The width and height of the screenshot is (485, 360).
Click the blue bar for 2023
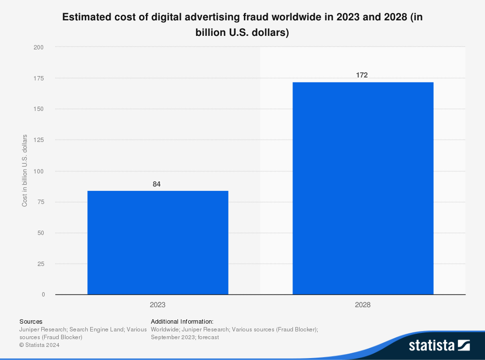[x=158, y=242]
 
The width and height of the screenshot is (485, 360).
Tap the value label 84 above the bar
[x=157, y=184]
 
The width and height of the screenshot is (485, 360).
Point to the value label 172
[x=362, y=75]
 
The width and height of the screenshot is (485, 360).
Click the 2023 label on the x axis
[x=157, y=305]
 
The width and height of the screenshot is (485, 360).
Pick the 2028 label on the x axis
[x=362, y=305]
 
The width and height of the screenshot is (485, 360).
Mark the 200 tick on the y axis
[x=39, y=47]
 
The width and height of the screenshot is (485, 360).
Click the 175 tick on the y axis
[x=39, y=78]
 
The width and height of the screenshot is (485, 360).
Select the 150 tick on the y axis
[x=39, y=109]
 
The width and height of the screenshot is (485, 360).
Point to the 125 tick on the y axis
[x=39, y=140]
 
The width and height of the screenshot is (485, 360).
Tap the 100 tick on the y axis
[x=39, y=171]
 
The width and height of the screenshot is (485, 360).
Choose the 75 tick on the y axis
[x=40, y=202]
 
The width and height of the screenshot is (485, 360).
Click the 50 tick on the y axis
[x=40, y=233]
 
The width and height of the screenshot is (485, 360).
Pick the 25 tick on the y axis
[x=40, y=264]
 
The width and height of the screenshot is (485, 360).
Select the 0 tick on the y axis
[x=43, y=295]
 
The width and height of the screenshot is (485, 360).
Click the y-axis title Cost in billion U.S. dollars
[x=25, y=171]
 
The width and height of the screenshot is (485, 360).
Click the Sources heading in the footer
[x=31, y=321]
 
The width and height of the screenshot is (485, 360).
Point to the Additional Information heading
[x=182, y=321]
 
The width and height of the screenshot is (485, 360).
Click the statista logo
[x=439, y=345]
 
